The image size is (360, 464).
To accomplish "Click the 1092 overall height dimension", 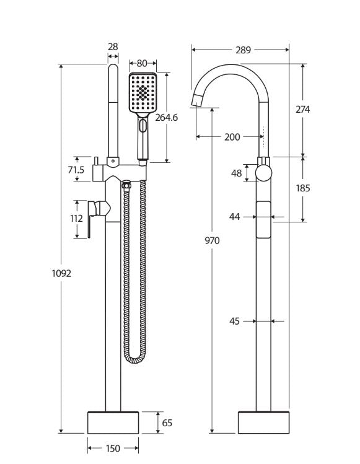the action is (x=61, y=273).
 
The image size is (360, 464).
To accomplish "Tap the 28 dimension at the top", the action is (x=113, y=46).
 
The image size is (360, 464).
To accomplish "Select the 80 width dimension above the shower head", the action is (x=142, y=63).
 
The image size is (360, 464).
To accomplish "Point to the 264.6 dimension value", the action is (x=167, y=118).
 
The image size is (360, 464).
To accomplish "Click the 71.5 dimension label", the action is (x=76, y=170).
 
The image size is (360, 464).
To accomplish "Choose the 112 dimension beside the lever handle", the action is (x=76, y=219).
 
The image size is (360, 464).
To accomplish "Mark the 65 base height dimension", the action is (x=167, y=423).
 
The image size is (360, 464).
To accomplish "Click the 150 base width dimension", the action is (x=113, y=449).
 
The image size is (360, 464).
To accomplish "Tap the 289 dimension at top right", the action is (x=243, y=50).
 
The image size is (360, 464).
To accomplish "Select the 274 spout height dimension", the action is (x=302, y=110).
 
